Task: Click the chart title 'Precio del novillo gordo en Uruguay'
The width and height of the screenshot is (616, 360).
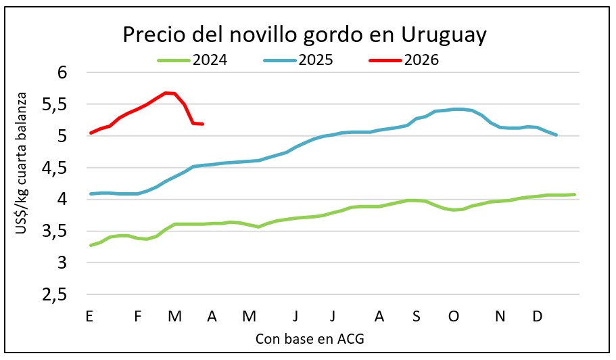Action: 304,35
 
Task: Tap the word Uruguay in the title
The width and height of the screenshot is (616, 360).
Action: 444,35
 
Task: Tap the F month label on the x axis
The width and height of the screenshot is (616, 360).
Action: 138,317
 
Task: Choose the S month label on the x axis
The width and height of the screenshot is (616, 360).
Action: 417,317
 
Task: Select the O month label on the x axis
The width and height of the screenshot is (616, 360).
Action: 454,317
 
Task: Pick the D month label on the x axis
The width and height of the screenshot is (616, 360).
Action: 538,317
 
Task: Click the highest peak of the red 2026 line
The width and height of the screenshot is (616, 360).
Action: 166,93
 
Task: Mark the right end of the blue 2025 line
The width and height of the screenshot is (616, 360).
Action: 556,135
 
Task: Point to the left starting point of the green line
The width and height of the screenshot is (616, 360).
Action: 91,245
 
